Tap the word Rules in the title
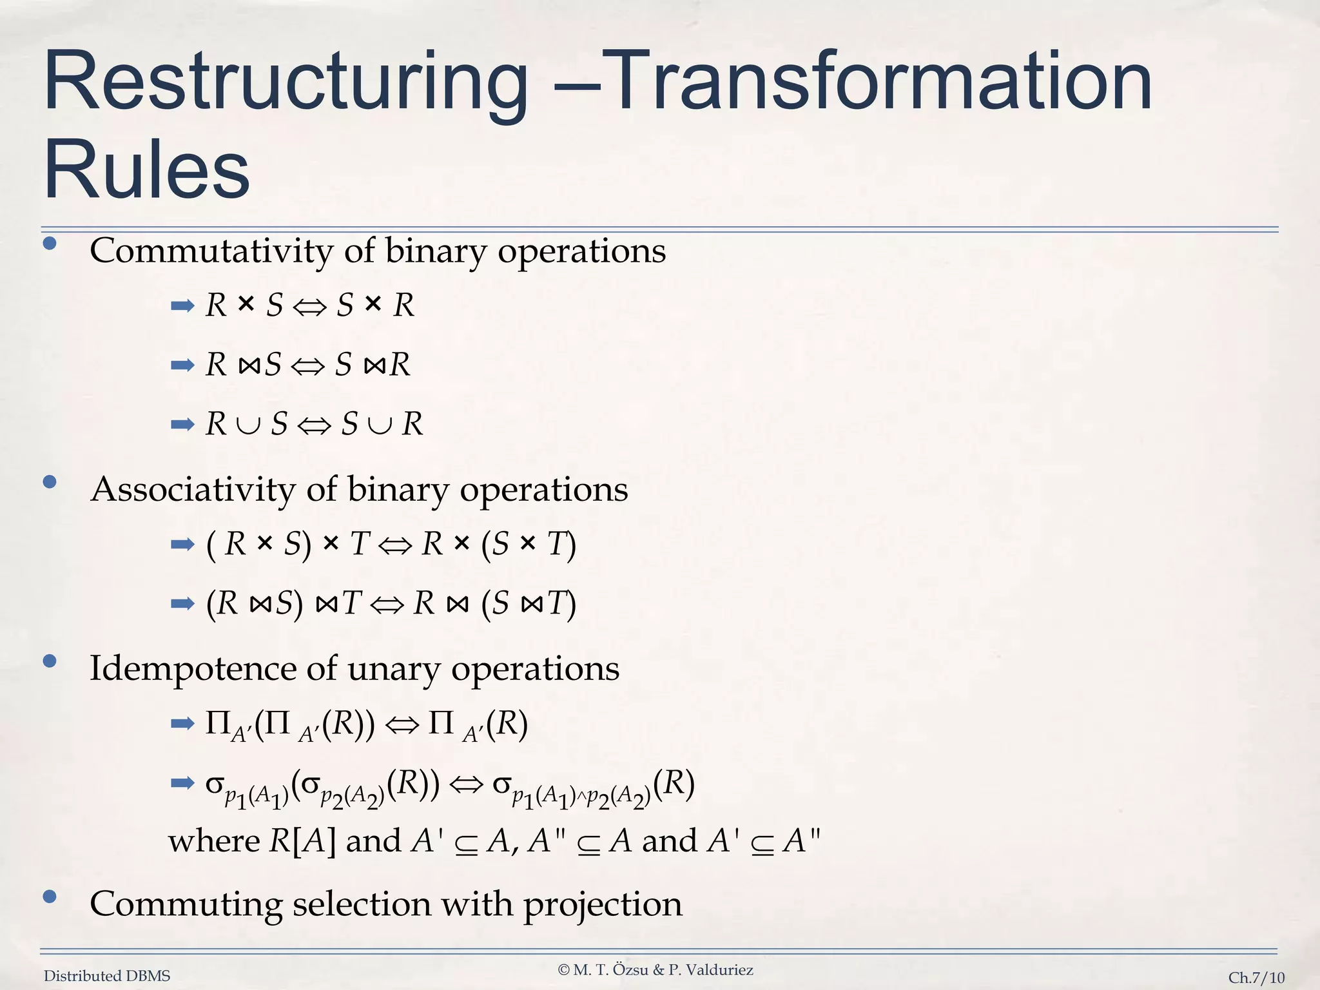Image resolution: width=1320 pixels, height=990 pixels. (146, 169)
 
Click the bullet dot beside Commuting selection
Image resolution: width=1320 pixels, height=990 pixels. (50, 897)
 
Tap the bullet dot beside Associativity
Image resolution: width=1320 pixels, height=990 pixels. (50, 482)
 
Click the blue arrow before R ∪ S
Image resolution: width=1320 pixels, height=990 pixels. (182, 425)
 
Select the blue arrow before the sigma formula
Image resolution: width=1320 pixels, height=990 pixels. (182, 784)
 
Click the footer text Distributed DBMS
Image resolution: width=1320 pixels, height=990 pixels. (107, 976)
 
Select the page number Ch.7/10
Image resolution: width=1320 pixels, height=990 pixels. (1256, 977)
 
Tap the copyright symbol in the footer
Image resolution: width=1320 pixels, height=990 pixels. (563, 970)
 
